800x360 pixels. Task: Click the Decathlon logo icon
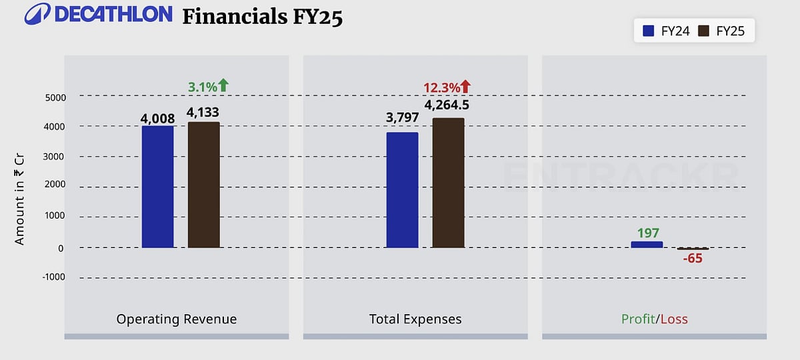pyautogui.click(x=37, y=14)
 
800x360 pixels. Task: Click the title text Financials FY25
pyautogui.click(x=263, y=16)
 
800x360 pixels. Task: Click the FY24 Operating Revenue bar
pyautogui.click(x=157, y=187)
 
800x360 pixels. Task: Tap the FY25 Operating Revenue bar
pyautogui.click(x=204, y=185)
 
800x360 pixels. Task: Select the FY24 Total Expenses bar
pyautogui.click(x=402, y=190)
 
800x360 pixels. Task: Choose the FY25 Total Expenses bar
pyautogui.click(x=448, y=183)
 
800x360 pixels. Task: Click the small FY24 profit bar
pyautogui.click(x=647, y=245)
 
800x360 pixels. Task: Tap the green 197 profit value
pyautogui.click(x=647, y=233)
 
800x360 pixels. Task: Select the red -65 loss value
pyautogui.click(x=693, y=258)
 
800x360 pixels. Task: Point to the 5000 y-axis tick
pyautogui.click(x=55, y=97)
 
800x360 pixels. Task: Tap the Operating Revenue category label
pyautogui.click(x=177, y=319)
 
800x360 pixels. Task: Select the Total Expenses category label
pyautogui.click(x=415, y=319)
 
